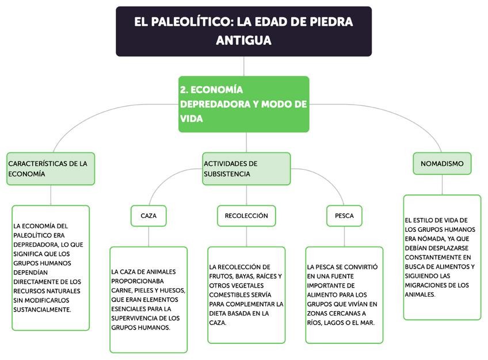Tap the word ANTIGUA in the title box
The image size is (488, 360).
(243, 41)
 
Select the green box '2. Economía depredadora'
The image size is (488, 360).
(243, 104)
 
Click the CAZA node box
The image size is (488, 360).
(148, 216)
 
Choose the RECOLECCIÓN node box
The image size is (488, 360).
(246, 216)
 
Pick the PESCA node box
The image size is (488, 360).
(344, 216)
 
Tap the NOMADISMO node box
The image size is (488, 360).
(442, 163)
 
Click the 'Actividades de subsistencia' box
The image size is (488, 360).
(246, 168)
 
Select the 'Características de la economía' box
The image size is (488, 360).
(51, 168)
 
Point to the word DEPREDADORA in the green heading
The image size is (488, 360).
(213, 104)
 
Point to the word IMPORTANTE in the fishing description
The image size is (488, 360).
(327, 285)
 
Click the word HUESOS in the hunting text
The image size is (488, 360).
(167, 290)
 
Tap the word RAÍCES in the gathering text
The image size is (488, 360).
(269, 276)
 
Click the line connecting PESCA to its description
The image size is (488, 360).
(344, 236)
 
